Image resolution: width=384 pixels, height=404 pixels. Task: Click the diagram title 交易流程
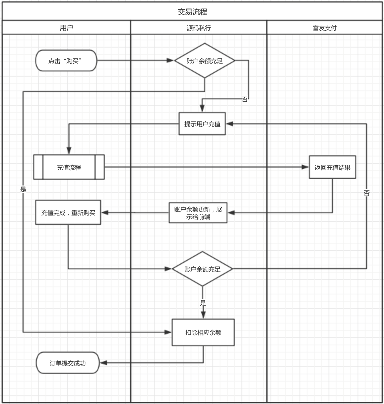click(x=192, y=12)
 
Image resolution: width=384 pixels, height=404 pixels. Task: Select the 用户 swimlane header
click(x=66, y=28)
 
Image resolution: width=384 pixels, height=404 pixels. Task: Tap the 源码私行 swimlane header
click(x=199, y=28)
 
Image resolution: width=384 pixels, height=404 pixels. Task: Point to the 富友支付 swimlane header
click(x=325, y=28)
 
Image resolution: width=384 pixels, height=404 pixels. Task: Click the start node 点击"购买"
click(x=66, y=61)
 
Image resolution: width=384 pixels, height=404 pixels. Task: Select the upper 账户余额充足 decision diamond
click(x=205, y=61)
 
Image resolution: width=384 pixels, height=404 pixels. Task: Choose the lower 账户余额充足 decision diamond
click(x=202, y=269)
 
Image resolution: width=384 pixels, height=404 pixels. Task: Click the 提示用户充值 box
click(x=202, y=124)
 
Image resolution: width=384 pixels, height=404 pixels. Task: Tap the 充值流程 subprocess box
click(x=69, y=167)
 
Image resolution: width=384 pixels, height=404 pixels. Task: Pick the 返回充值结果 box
click(x=332, y=167)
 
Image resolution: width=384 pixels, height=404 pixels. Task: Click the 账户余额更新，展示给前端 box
click(x=198, y=213)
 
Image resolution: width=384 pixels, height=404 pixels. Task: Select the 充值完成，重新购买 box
click(x=68, y=213)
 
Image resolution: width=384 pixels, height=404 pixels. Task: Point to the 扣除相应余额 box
click(x=203, y=332)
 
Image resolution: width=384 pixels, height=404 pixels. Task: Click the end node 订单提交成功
click(x=68, y=363)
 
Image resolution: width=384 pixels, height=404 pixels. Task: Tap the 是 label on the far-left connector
click(x=23, y=189)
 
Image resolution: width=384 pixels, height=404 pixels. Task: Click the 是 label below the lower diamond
click(x=203, y=303)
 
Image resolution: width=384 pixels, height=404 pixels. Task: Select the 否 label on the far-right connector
click(x=367, y=193)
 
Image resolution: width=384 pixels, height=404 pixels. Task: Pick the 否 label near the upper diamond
click(x=244, y=99)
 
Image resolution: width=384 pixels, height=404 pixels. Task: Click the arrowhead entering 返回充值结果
click(x=305, y=167)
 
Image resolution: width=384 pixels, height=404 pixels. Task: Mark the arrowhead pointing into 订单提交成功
click(x=104, y=363)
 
